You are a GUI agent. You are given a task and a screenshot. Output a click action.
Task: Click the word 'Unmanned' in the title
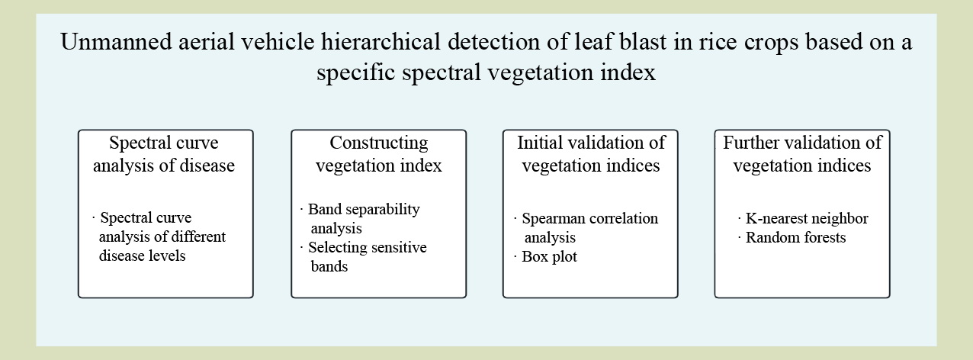[117, 42]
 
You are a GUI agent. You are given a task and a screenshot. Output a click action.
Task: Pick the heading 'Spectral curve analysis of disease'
[164, 154]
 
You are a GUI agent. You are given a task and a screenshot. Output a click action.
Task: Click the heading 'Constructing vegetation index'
[379, 154]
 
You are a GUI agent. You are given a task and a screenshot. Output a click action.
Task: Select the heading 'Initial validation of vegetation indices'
[591, 154]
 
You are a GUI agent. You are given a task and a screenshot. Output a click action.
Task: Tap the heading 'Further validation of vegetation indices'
[802, 154]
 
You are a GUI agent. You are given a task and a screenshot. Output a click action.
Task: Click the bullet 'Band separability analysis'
[360, 218]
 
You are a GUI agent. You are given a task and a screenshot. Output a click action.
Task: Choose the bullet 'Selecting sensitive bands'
[364, 256]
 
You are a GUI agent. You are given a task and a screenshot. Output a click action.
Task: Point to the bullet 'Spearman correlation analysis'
[586, 228]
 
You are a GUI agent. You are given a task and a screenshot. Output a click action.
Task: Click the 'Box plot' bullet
[545, 256]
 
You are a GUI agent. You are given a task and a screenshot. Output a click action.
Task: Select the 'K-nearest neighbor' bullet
[803, 218]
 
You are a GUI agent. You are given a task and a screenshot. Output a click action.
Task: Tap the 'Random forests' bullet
[792, 237]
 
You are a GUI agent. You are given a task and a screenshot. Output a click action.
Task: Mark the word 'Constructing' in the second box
[379, 143]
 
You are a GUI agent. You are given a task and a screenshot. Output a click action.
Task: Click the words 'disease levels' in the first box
[142, 256]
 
